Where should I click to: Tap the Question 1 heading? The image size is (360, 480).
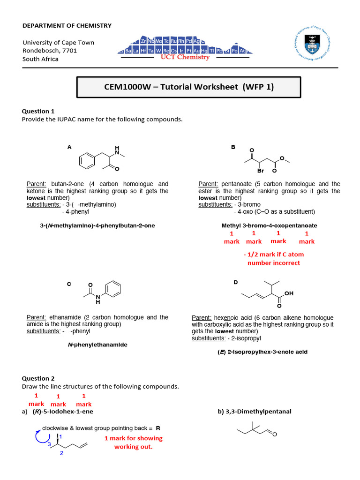point(38,111)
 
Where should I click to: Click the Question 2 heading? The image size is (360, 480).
point(38,378)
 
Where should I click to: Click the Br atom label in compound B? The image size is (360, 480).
point(261,171)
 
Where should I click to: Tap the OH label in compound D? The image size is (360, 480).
point(289,293)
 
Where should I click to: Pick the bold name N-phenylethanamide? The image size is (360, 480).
point(97,345)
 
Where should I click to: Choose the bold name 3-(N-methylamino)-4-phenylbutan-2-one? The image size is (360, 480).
point(97,225)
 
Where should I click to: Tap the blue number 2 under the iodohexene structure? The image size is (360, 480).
point(61,454)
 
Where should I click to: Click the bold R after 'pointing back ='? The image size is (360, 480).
point(158,428)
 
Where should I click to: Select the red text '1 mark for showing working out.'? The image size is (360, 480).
point(134,442)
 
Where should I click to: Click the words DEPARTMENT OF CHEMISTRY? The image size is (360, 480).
point(67,25)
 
